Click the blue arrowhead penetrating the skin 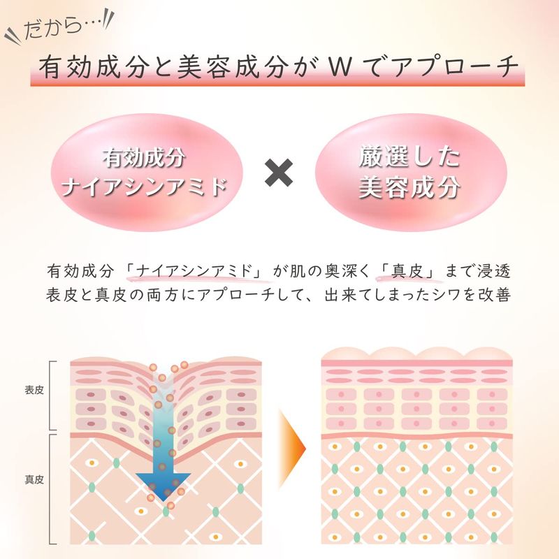pos(162,482)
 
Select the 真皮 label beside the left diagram pos(34,481)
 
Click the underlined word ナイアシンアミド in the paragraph pos(193,270)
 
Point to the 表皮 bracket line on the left pos(51,395)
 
